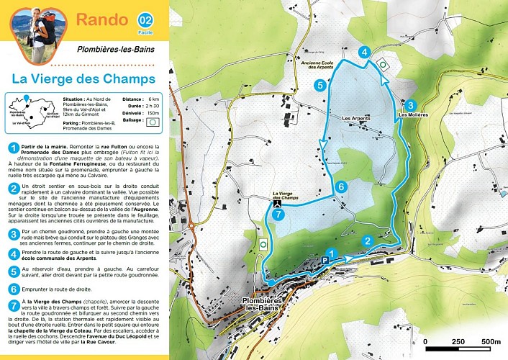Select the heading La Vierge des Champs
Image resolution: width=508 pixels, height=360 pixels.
pos(84,77)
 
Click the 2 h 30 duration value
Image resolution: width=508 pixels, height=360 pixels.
pos(153,106)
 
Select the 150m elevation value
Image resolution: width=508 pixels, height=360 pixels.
pos(153,114)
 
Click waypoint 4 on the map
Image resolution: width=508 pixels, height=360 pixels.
pos(366,52)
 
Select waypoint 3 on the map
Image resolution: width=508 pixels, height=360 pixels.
pos(410,104)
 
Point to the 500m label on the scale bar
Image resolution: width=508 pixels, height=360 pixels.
pos(491,341)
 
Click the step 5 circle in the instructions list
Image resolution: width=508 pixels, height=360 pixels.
pos(13,271)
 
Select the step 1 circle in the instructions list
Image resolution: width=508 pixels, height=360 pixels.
pos(13,148)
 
